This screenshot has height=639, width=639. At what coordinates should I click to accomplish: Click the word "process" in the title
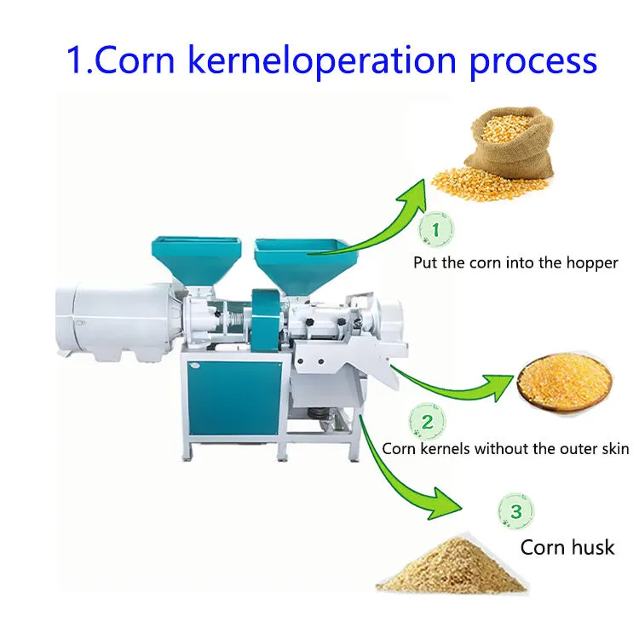point(533,62)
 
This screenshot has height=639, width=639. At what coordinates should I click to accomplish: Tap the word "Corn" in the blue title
point(134,60)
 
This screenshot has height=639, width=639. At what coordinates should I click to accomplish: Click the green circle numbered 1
point(436,229)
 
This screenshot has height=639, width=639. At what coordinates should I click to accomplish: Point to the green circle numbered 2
point(427,422)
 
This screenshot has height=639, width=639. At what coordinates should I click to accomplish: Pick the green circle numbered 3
point(516,511)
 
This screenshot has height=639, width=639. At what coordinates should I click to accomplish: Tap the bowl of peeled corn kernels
point(565,383)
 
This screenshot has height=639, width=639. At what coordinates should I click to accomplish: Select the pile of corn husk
point(452,564)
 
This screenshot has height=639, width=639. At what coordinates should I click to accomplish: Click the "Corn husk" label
point(567,547)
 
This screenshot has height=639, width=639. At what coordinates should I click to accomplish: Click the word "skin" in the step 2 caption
point(614,448)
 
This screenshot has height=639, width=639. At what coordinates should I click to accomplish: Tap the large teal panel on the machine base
point(234,397)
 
